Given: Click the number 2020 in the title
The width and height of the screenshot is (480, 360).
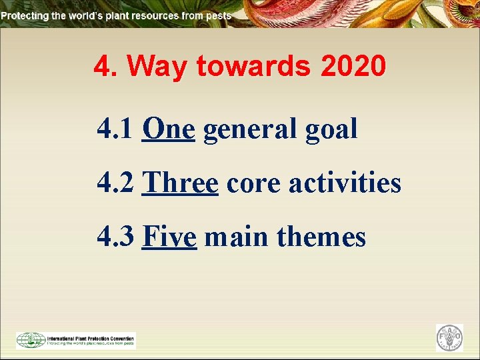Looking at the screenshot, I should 353,67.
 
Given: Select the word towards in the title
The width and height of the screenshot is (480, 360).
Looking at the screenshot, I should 254,67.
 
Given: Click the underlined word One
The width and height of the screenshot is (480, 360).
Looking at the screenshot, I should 168,129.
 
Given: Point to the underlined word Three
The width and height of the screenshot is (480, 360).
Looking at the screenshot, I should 181,183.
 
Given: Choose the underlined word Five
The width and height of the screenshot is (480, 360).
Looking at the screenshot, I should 169,237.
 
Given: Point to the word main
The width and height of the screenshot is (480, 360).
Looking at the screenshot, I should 236,237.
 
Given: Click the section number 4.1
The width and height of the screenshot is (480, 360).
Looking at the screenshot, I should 115,129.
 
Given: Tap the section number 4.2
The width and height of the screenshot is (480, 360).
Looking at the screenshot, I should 115,183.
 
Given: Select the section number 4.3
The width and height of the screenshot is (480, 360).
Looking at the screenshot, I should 115,237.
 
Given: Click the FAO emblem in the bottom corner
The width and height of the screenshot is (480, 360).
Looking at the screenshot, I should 449,338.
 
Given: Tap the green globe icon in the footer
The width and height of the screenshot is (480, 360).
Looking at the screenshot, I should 31,340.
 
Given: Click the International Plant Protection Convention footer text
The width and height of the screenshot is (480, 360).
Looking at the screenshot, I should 90,337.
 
